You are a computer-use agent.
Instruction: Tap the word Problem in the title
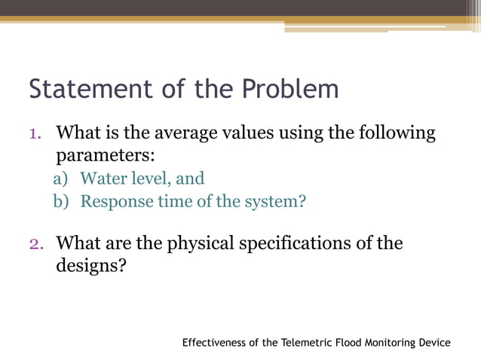(290, 89)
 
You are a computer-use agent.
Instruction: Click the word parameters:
(105, 157)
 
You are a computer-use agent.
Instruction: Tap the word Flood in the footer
(354, 343)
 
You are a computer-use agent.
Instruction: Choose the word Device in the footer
(434, 343)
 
